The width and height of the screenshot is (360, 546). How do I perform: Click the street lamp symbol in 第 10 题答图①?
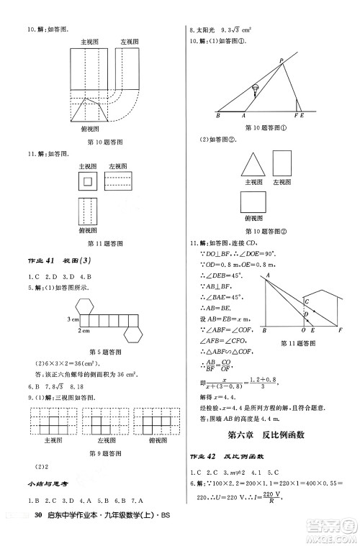click(255, 91)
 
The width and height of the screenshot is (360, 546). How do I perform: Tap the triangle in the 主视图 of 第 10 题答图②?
click(251, 164)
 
